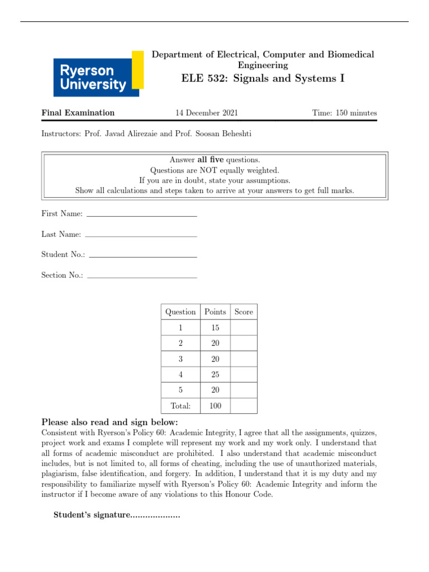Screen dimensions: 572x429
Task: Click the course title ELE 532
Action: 263,78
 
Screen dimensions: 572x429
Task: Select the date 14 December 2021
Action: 207,113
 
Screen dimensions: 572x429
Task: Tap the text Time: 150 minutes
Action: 344,113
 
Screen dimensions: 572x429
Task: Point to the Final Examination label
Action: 78,113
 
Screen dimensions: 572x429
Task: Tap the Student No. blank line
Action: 143,256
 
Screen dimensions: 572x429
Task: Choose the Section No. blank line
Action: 142,277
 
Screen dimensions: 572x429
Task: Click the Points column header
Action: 215,312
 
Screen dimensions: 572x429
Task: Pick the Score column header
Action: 244,312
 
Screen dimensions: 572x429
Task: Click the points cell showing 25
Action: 215,374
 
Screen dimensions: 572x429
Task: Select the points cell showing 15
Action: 215,327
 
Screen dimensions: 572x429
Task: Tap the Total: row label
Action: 180,406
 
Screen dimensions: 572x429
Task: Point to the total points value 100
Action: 215,406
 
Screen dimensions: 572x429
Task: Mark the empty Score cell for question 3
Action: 244,359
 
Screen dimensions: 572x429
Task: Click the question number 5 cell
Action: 180,390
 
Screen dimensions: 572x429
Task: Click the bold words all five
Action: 210,160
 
